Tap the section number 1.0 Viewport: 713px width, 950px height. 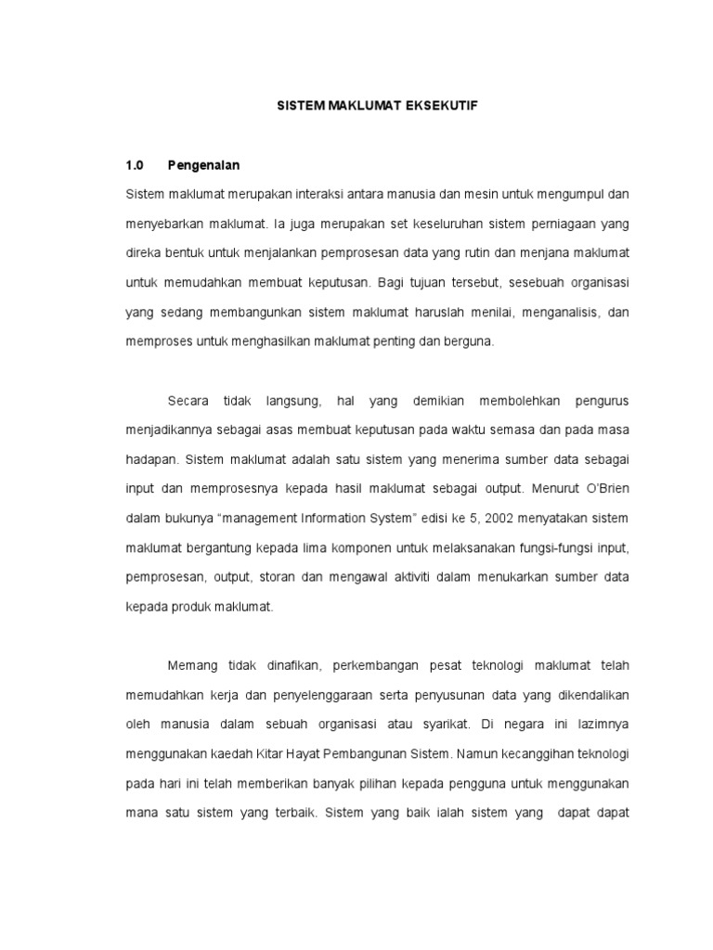point(136,166)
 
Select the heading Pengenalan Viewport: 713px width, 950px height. point(203,166)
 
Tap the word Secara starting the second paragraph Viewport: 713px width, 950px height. point(188,401)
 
